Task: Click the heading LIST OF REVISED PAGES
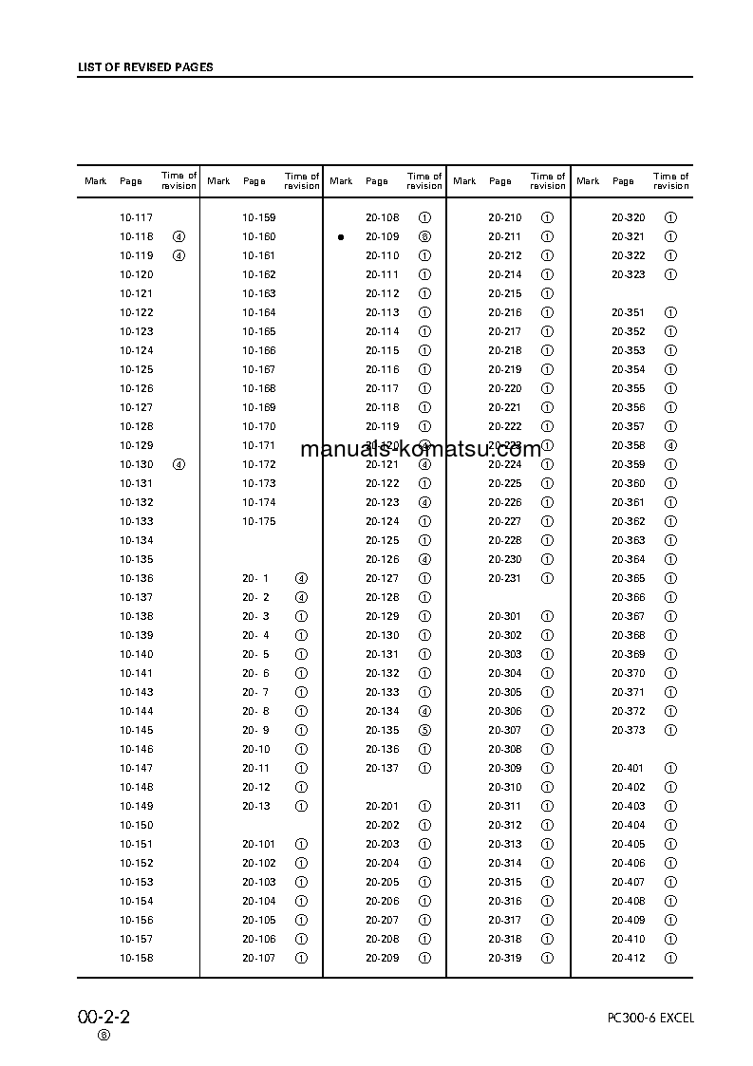pyautogui.click(x=144, y=67)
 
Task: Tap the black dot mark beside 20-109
pyautogui.click(x=340, y=237)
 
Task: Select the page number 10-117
pyautogui.click(x=136, y=217)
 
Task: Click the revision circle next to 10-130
pyautogui.click(x=179, y=464)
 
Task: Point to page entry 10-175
pyautogui.click(x=258, y=521)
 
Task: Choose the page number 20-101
pyautogui.click(x=258, y=844)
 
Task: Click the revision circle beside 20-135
pyautogui.click(x=424, y=730)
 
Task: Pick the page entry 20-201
pyautogui.click(x=383, y=806)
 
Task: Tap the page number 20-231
pyautogui.click(x=505, y=578)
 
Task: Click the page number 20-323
pyautogui.click(x=628, y=274)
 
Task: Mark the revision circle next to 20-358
pyautogui.click(x=670, y=445)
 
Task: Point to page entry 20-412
pyautogui.click(x=628, y=958)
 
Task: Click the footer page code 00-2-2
pyautogui.click(x=104, y=1017)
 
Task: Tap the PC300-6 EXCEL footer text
pyautogui.click(x=650, y=1018)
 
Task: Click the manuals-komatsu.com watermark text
pyautogui.click(x=421, y=449)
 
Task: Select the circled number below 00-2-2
pyautogui.click(x=104, y=1035)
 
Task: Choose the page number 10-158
pyautogui.click(x=136, y=958)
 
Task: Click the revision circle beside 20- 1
pyautogui.click(x=301, y=578)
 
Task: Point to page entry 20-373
pyautogui.click(x=628, y=730)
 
